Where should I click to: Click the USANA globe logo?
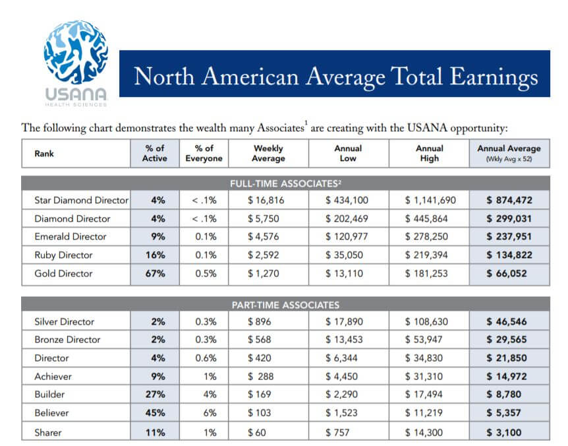point(76,52)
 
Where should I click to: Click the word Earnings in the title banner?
point(494,78)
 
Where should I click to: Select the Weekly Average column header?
point(268,153)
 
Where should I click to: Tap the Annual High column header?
point(429,153)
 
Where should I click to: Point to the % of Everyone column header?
point(204,153)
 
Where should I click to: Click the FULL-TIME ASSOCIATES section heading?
point(285,183)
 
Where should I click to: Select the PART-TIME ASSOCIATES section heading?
point(285,305)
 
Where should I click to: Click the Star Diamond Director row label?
point(82,200)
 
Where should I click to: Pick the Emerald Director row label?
point(71,237)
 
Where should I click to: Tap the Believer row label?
point(51,412)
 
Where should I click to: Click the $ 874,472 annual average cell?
point(509,200)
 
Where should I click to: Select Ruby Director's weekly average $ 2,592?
point(264,255)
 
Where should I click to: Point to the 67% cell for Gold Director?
point(155,273)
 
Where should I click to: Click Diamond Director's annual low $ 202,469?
point(347,218)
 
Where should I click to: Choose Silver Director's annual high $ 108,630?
point(426,321)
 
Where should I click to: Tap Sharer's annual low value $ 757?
point(337,432)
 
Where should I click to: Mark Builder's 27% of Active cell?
point(155,394)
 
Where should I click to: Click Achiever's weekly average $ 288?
point(260,376)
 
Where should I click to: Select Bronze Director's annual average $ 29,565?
point(507,340)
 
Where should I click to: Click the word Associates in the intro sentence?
point(281,127)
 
